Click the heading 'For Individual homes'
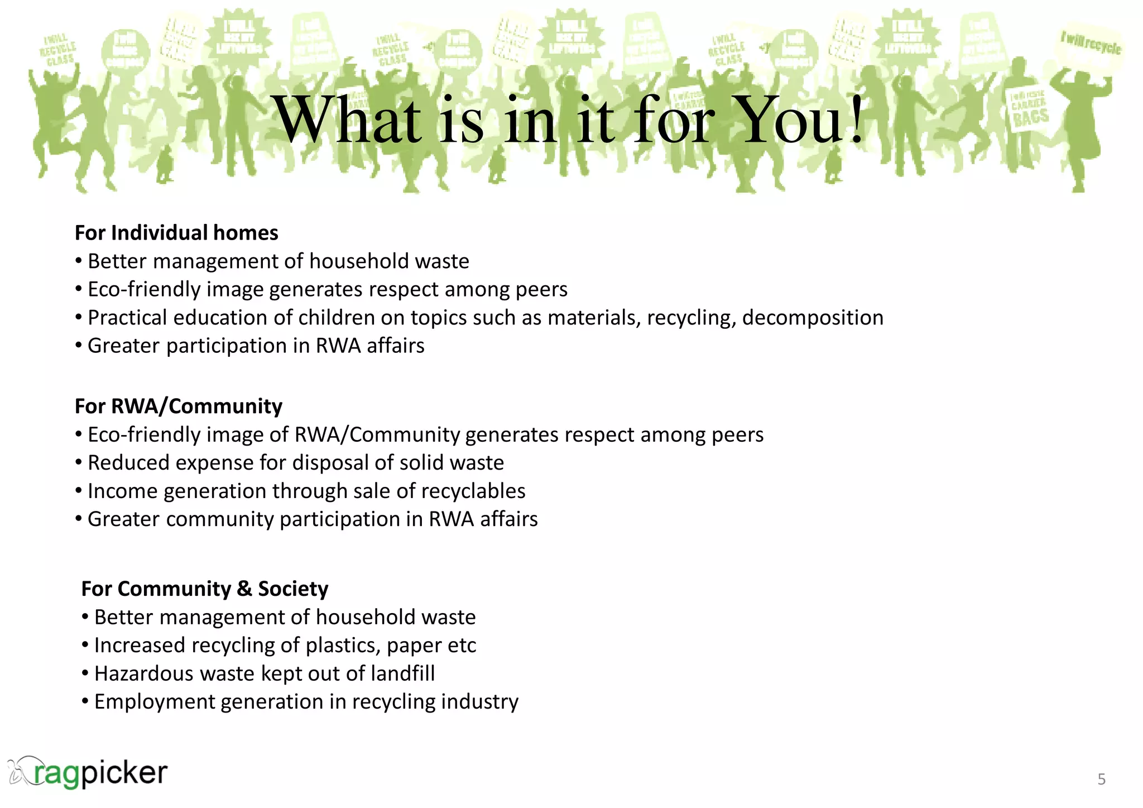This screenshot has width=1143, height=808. (176, 233)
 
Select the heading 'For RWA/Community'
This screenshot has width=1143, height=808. (179, 406)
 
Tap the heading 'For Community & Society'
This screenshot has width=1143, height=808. (205, 589)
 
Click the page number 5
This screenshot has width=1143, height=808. (1101, 779)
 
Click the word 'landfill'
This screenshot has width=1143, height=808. (402, 674)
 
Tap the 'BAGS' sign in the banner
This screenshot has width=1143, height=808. (1030, 117)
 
